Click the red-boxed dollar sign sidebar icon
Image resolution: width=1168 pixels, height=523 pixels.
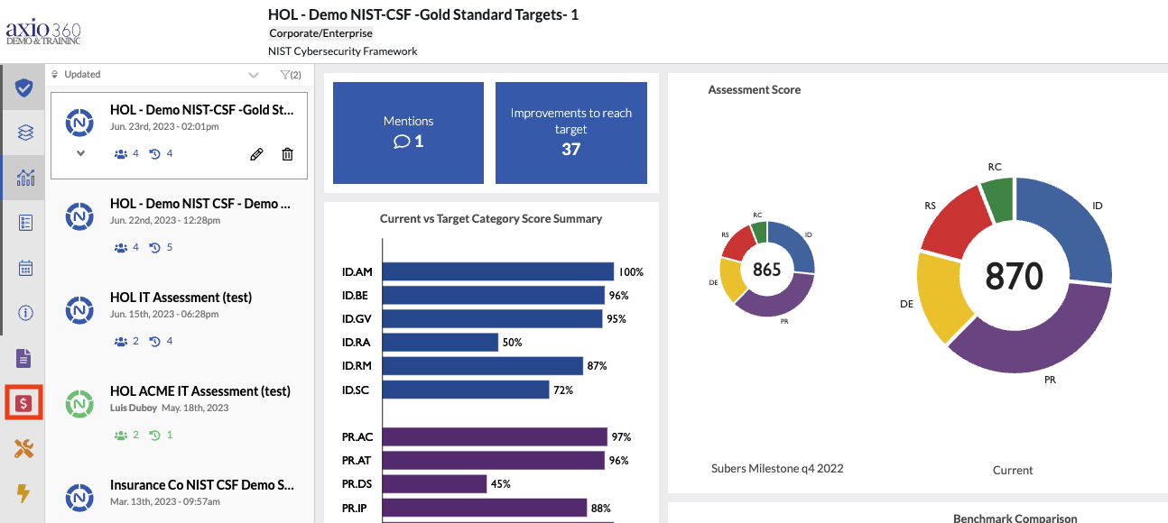pyautogui.click(x=23, y=403)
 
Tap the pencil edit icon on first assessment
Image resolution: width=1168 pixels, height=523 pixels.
pyautogui.click(x=256, y=154)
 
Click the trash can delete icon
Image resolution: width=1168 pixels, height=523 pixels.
pyautogui.click(x=287, y=154)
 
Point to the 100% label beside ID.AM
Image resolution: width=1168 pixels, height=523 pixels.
pyautogui.click(x=631, y=272)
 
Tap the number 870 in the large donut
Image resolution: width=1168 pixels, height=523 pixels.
pyautogui.click(x=1015, y=276)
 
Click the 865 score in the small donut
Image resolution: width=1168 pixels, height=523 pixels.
pyautogui.click(x=766, y=269)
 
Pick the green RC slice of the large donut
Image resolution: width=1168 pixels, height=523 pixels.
pyautogui.click(x=997, y=198)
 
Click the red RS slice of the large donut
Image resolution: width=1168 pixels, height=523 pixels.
pyautogui.click(x=953, y=223)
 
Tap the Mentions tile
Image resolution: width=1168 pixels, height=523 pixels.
pyautogui.click(x=408, y=133)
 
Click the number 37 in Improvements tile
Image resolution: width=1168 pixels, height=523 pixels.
pyautogui.click(x=570, y=149)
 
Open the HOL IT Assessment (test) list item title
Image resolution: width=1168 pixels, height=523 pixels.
pyautogui.click(x=181, y=298)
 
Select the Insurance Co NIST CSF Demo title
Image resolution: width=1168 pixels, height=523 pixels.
pyautogui.click(x=201, y=485)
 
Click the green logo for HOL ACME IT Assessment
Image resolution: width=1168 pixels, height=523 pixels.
pyautogui.click(x=80, y=403)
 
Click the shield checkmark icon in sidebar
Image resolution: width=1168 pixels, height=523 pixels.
pyautogui.click(x=24, y=87)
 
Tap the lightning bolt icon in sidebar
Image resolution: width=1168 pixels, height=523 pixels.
pyautogui.click(x=23, y=493)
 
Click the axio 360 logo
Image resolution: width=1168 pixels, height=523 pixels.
pyautogui.click(x=43, y=30)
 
